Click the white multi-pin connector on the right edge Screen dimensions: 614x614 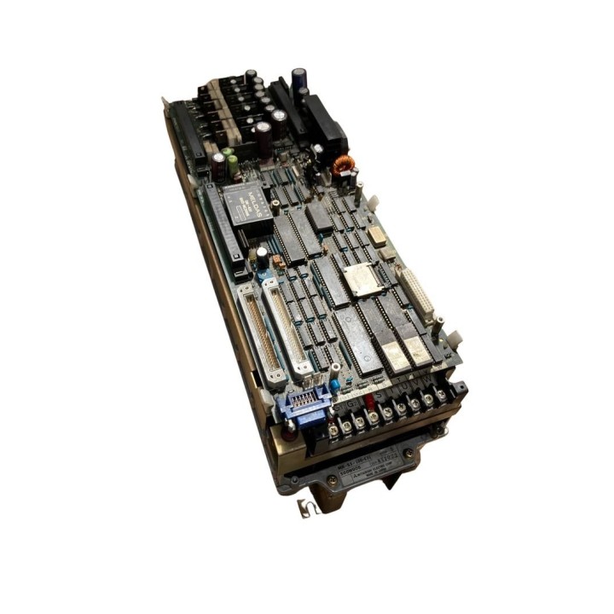pyautogui.click(x=417, y=294)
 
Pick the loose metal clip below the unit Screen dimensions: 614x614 pyautogui.click(x=305, y=509)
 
